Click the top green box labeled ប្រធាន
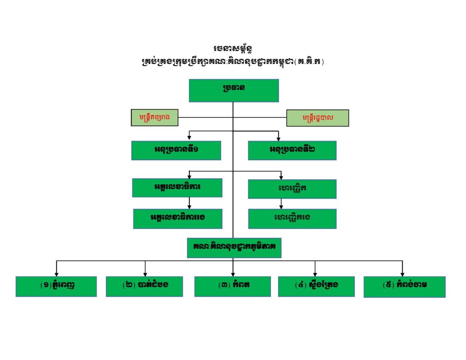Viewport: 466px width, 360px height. pyautogui.click(x=234, y=91)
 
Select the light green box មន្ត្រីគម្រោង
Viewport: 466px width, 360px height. pyautogui.click(x=155, y=117)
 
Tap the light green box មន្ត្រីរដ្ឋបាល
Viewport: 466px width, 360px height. pyautogui.click(x=317, y=118)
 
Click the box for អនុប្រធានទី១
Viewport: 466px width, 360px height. pyautogui.click(x=176, y=151)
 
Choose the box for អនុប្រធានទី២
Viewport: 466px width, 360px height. pyautogui.click(x=292, y=151)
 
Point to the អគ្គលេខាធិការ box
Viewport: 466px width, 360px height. pyautogui.click(x=177, y=188)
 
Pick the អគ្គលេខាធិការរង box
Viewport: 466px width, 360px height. pyautogui.click(x=178, y=219)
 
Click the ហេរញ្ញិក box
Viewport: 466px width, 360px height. pyautogui.click(x=292, y=189)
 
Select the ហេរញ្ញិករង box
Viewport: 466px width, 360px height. pyautogui.click(x=292, y=219)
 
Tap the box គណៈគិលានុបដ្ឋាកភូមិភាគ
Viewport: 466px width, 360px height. pyautogui.click(x=234, y=248)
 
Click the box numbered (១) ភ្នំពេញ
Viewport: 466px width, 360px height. pyautogui.click(x=56, y=287)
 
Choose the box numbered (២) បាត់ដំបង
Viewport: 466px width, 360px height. pyautogui.click(x=144, y=287)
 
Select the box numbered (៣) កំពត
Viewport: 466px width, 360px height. pyautogui.click(x=233, y=287)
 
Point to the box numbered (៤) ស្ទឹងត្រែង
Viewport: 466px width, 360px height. pyautogui.click(x=316, y=287)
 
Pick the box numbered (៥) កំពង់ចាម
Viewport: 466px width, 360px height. pyautogui.click(x=405, y=287)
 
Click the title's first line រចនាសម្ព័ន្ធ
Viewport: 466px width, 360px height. pyautogui.click(x=233, y=48)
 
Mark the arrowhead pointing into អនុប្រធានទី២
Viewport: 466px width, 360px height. pyautogui.click(x=278, y=139)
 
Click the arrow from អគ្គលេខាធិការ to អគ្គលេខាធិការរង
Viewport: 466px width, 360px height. pyautogui.click(x=189, y=203)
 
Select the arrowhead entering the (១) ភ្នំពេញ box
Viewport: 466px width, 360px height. pyautogui.click(x=56, y=274)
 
